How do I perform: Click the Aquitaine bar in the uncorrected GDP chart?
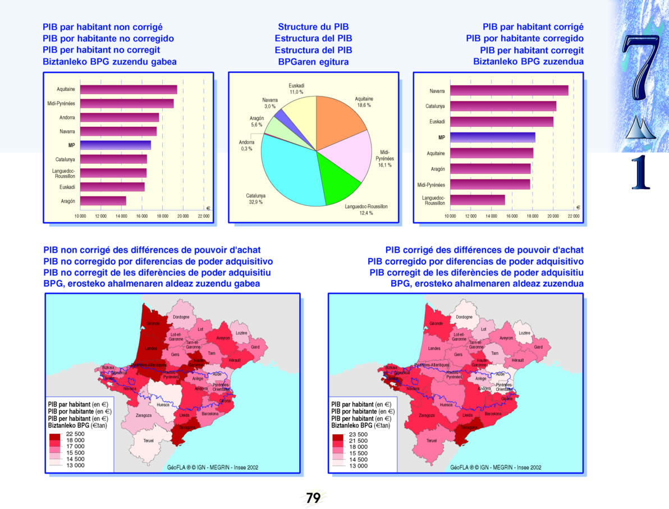click(129, 90)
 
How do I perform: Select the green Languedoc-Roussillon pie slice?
click(337, 180)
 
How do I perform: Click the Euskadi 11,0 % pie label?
click(296, 89)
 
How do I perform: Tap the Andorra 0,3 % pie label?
click(246, 145)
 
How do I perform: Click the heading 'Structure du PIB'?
click(313, 27)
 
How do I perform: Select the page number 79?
click(313, 497)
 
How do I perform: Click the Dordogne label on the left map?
click(180, 317)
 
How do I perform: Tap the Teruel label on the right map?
click(432, 441)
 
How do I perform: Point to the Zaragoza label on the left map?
click(144, 415)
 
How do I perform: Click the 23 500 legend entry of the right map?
click(358, 434)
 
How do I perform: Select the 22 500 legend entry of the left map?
click(75, 434)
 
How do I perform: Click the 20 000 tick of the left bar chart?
click(183, 215)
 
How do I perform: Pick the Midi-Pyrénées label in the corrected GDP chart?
click(430, 185)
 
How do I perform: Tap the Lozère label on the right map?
click(524, 333)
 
